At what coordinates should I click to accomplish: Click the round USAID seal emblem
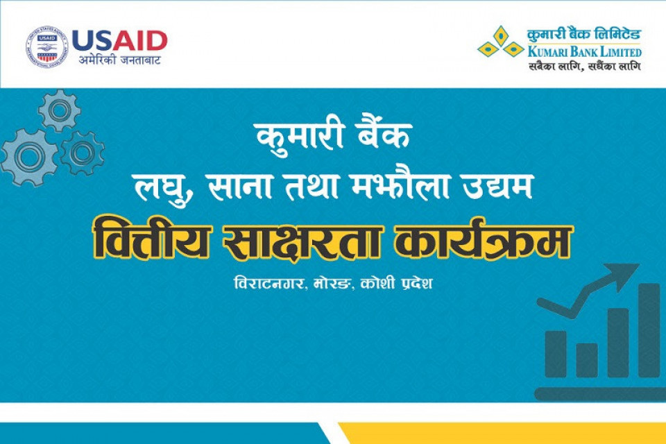[46, 47]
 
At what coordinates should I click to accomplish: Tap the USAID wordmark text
[119, 40]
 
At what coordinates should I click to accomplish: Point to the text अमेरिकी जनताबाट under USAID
[119, 61]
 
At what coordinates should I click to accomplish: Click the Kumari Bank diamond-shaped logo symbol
[500, 42]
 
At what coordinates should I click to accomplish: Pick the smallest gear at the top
[59, 110]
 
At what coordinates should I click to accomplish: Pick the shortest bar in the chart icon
[587, 360]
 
